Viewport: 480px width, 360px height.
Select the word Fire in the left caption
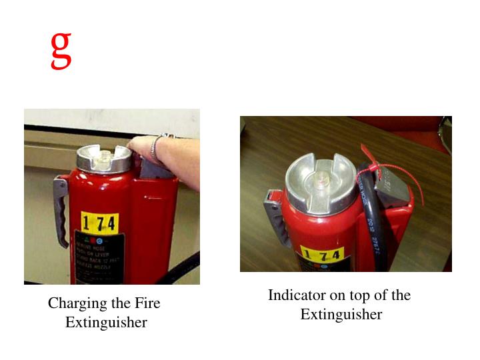(147, 303)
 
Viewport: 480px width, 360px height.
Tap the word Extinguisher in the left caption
(106, 323)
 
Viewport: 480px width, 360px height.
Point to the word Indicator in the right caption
(296, 295)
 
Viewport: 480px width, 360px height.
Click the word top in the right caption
(358, 295)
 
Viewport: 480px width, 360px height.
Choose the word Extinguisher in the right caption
(341, 315)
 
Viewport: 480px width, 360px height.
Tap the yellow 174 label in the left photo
(99, 221)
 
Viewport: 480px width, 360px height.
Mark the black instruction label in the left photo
(98, 257)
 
